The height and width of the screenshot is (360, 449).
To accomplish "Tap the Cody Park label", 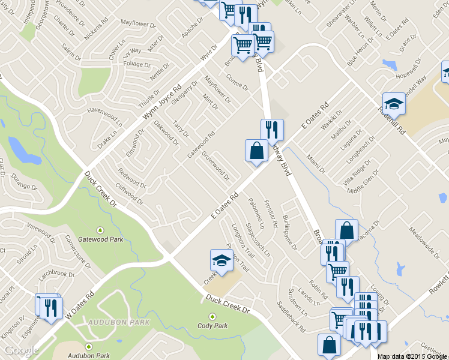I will [212, 326].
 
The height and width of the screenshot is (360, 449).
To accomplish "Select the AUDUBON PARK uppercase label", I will [110, 322].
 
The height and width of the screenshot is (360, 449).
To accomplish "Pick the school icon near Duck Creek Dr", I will [221, 261].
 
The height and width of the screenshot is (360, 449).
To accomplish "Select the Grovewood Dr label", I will [215, 165].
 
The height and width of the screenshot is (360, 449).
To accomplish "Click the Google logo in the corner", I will [22, 351].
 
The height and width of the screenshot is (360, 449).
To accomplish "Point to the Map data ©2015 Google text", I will [412, 356].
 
